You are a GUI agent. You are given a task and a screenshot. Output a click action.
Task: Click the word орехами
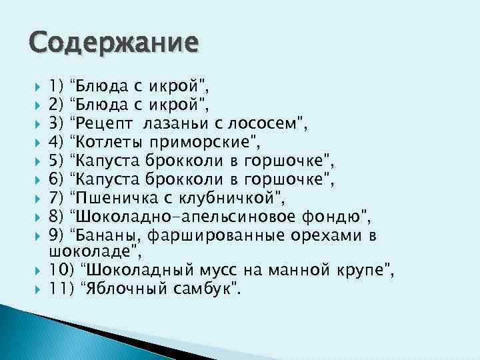tap(324, 235)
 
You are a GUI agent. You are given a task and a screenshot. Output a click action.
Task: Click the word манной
tap(298, 271)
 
